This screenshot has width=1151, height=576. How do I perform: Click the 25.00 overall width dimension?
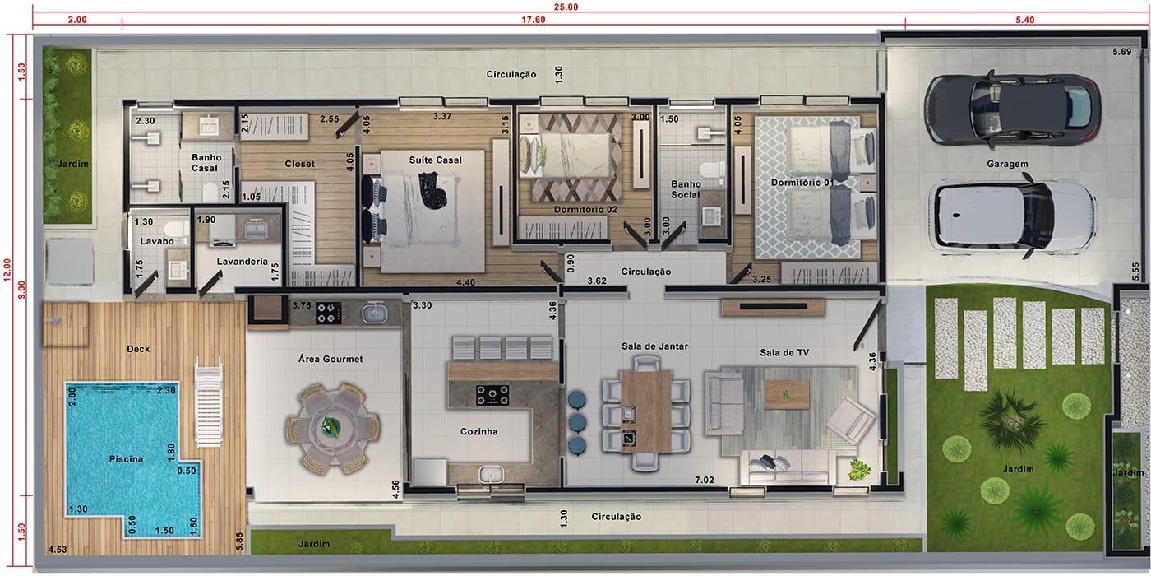[566, 7]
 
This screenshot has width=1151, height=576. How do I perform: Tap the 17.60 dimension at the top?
[534, 20]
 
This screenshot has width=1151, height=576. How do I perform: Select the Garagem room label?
[1007, 164]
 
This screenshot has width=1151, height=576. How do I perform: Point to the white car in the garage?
[1012, 216]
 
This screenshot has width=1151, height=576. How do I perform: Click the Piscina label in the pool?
[126, 459]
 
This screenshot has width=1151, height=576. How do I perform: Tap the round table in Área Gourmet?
[333, 428]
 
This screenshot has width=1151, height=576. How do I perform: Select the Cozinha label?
[478, 431]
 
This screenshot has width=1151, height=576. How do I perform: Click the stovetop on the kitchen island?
[492, 395]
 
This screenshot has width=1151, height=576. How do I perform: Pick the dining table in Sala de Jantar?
[646, 411]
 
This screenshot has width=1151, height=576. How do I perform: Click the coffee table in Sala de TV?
[786, 394]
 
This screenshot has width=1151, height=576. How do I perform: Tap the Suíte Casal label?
[435, 160]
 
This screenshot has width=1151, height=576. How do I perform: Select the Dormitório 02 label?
[585, 209]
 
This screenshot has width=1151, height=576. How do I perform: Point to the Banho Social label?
[686, 189]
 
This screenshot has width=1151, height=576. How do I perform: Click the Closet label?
[299, 164]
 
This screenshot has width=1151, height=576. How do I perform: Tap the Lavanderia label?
[242, 262]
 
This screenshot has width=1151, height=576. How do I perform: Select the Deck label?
[138, 349]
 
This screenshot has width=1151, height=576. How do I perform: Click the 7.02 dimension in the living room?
[705, 480]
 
